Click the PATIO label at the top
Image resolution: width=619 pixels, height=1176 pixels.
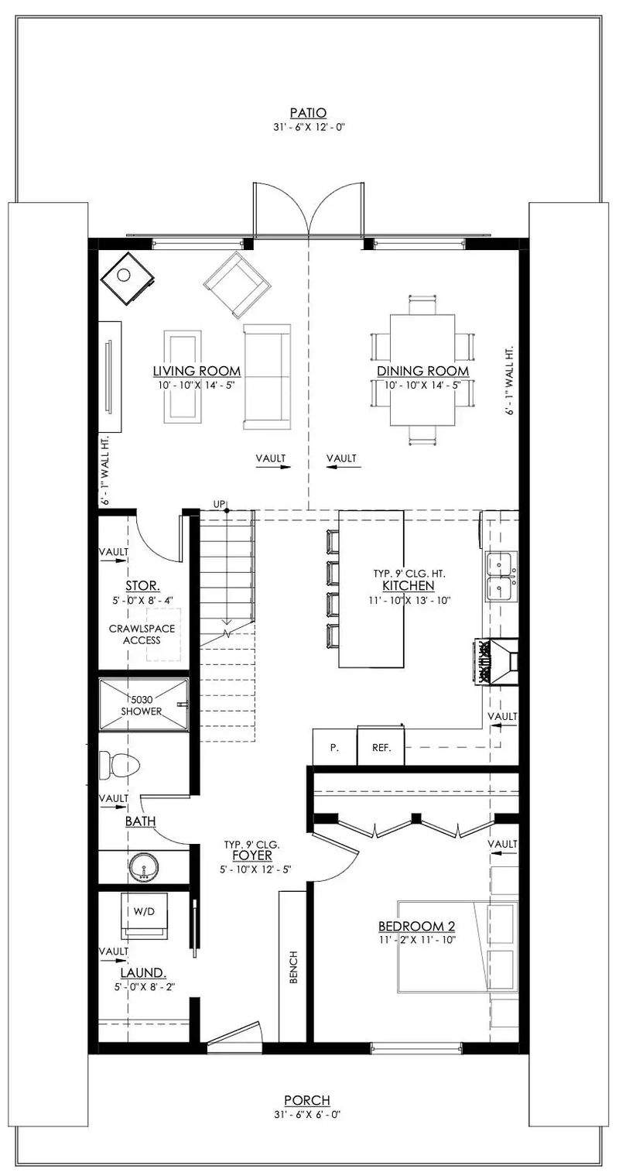[309, 112]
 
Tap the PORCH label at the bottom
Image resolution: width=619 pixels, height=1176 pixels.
[306, 1100]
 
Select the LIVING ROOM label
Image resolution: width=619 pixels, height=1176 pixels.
[196, 371]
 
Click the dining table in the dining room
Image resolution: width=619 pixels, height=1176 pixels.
[422, 369]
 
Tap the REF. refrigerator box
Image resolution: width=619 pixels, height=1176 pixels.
[381, 748]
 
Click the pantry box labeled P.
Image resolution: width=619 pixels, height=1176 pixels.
[334, 748]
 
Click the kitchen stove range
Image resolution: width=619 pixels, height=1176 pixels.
[494, 662]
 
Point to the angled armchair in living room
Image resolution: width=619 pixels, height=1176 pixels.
[238, 284]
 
